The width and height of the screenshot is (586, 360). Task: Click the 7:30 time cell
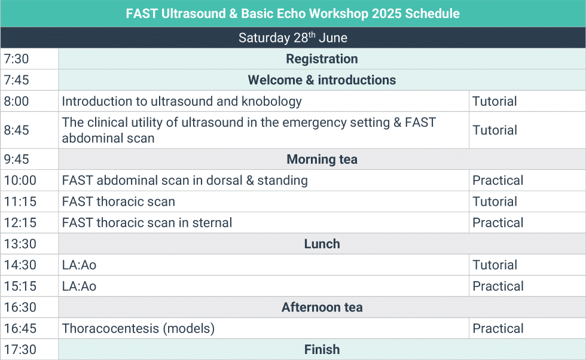point(16,59)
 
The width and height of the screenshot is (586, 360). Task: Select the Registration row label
point(322,59)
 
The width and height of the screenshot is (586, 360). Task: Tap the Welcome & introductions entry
point(322,80)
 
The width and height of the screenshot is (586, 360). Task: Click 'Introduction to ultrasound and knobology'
point(182,102)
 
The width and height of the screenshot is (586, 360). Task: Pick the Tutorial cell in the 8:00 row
point(495,102)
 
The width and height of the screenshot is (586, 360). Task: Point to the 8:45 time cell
point(16,130)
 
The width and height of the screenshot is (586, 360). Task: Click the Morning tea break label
point(322,160)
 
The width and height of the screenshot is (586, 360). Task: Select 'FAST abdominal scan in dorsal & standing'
point(185,181)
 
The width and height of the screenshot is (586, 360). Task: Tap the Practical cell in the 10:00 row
point(498,181)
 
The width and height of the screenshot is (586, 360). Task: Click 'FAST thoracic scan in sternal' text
point(147,223)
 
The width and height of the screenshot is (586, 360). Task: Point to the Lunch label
point(322,244)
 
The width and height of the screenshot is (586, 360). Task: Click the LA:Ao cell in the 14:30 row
point(79,265)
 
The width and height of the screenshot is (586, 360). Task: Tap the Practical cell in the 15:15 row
point(498,286)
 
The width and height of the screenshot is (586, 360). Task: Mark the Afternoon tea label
point(322,307)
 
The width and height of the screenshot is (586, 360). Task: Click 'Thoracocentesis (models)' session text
point(138,328)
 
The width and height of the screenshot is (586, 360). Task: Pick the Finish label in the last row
point(322,350)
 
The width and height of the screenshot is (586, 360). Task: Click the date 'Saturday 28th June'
point(293,38)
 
